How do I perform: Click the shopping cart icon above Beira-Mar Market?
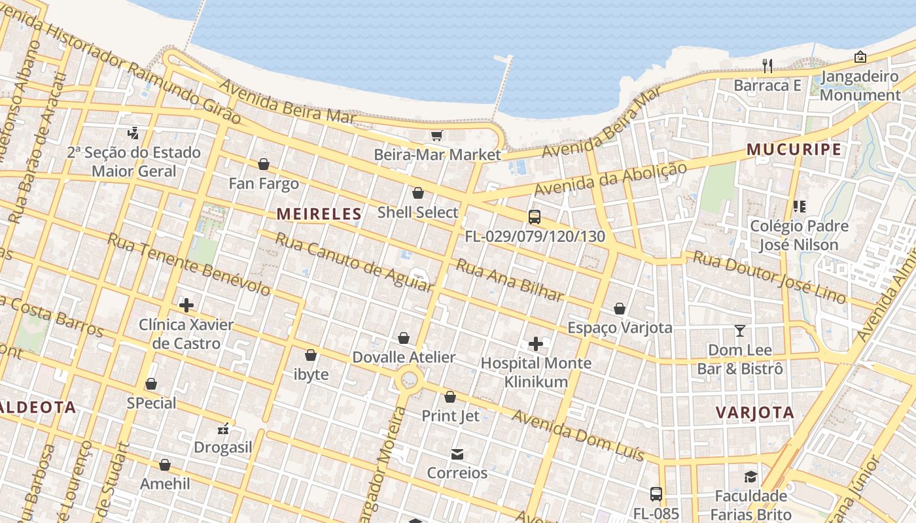pos(436,135)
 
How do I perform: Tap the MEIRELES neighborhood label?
pos(319,214)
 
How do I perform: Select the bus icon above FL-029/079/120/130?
pos(535,217)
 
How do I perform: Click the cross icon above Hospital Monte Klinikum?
pos(536,343)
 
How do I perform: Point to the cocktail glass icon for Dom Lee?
pos(740,331)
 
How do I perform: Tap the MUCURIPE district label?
pos(794,150)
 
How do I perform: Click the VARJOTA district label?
pos(755,413)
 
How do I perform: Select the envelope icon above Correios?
pos(457,454)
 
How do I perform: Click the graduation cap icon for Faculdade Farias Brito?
pos(750,477)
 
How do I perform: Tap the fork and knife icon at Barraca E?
pos(767,65)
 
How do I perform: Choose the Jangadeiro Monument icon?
pos(860,58)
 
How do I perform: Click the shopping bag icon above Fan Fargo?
pos(264,164)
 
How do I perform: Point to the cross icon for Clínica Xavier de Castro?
pos(186,305)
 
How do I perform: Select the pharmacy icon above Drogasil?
pos(223,429)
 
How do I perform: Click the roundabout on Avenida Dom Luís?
pos(410,379)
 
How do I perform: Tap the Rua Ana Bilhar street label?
pos(510,280)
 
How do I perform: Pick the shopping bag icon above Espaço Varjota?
pos(620,309)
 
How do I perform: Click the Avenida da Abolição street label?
pos(611,178)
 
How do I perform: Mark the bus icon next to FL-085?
pos(656,494)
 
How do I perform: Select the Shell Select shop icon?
pos(418,193)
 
